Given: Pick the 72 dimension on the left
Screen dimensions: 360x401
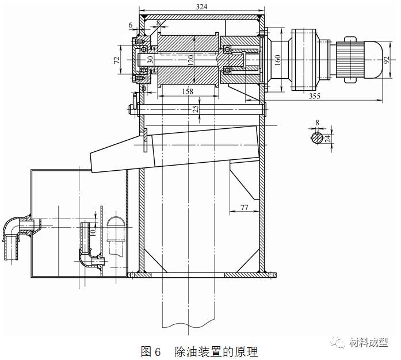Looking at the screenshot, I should [116, 60].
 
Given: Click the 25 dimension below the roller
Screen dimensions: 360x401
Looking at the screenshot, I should [196, 108].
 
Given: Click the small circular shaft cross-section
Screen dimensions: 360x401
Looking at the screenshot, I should [318, 138].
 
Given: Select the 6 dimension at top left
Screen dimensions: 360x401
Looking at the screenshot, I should [131, 25].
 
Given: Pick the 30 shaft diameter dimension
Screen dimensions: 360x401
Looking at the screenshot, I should [150, 59].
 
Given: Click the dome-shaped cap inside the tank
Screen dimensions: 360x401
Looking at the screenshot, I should [116, 224].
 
